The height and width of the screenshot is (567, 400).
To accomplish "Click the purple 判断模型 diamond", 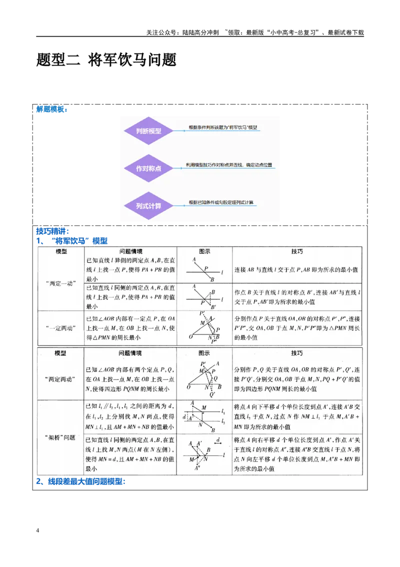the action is click(x=148, y=131).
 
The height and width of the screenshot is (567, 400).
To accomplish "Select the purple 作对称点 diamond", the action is click(x=148, y=168).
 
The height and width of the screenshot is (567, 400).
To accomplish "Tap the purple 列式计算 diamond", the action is click(x=148, y=206).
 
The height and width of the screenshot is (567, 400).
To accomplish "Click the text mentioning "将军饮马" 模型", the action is click(x=223, y=128).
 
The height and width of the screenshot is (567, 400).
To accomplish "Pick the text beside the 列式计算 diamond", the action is click(x=220, y=202).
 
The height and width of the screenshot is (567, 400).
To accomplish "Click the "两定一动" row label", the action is click(x=60, y=283).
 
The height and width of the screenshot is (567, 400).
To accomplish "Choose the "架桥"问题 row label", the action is click(x=60, y=437).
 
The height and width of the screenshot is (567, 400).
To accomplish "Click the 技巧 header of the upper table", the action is click(x=297, y=251).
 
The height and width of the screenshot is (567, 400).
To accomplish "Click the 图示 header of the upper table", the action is click(x=204, y=251).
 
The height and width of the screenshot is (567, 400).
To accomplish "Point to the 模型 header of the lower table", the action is click(x=60, y=353).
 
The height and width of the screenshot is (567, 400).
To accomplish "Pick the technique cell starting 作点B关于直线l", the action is click(x=297, y=297).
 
